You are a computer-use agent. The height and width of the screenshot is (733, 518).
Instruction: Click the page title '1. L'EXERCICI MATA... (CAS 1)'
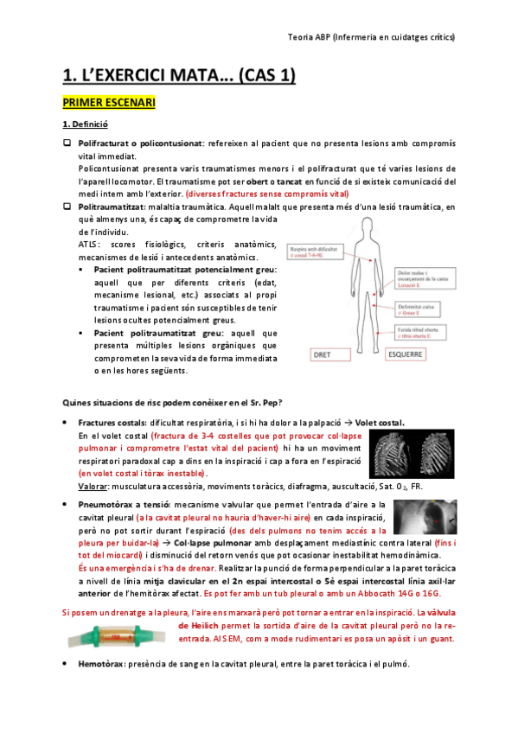(x=179, y=76)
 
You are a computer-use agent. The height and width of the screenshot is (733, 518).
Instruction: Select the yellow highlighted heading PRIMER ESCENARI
(x=108, y=104)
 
